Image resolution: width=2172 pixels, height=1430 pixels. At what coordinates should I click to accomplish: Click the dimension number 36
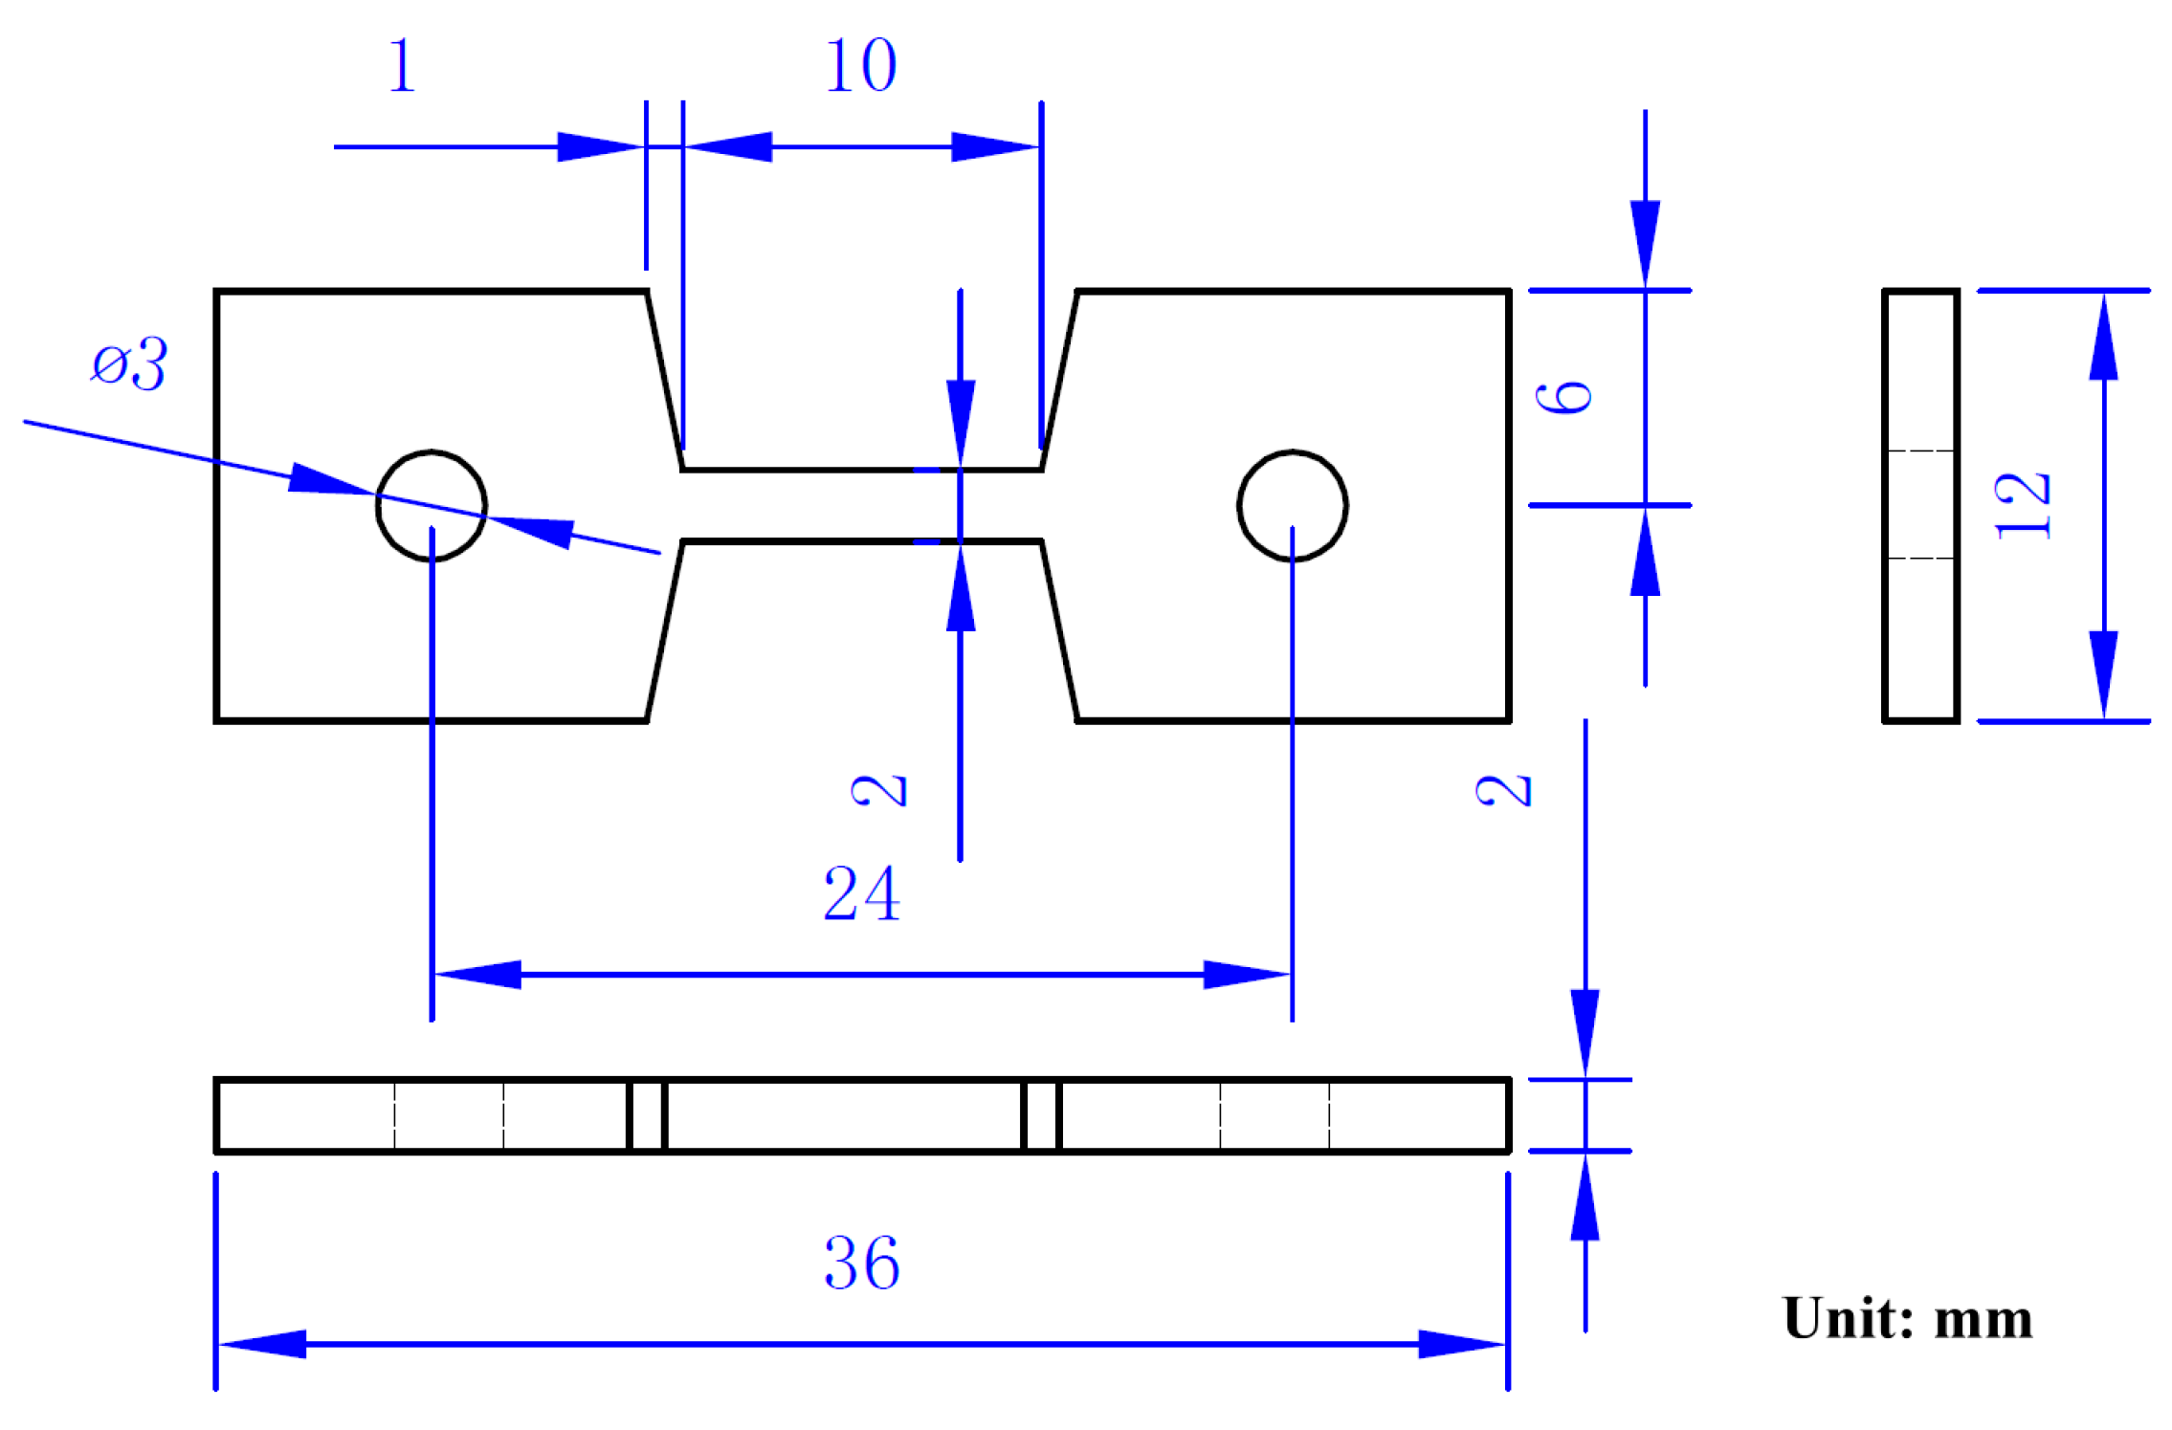pyautogui.click(x=861, y=1263)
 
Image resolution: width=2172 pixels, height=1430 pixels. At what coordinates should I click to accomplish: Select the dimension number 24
pyautogui.click(x=861, y=893)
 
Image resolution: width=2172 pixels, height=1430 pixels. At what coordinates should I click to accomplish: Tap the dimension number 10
pyautogui.click(x=860, y=66)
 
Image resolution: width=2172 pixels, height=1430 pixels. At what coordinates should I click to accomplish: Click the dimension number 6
pyautogui.click(x=1563, y=397)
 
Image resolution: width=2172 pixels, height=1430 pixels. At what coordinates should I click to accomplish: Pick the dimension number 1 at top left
pyautogui.click(x=402, y=66)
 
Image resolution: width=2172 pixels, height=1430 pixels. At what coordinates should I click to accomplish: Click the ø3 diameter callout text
pyautogui.click(x=129, y=363)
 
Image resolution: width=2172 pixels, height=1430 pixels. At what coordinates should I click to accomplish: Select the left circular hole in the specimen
pyautogui.click(x=432, y=505)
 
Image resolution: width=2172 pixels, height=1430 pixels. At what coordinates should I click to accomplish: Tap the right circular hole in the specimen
pyautogui.click(x=1292, y=505)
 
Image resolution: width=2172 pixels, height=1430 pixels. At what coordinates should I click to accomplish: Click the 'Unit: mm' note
pyautogui.click(x=1906, y=1319)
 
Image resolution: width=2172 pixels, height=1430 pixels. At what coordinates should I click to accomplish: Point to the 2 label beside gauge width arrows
pyautogui.click(x=878, y=790)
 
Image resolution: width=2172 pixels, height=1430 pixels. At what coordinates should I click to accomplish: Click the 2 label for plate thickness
pyautogui.click(x=1503, y=790)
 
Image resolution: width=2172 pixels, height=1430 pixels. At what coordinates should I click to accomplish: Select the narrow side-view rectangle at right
pyautogui.click(x=1919, y=505)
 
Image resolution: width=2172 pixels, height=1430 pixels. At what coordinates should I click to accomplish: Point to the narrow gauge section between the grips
pyautogui.click(x=861, y=505)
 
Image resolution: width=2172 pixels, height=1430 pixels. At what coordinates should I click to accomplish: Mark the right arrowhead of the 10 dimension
pyautogui.click(x=995, y=146)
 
